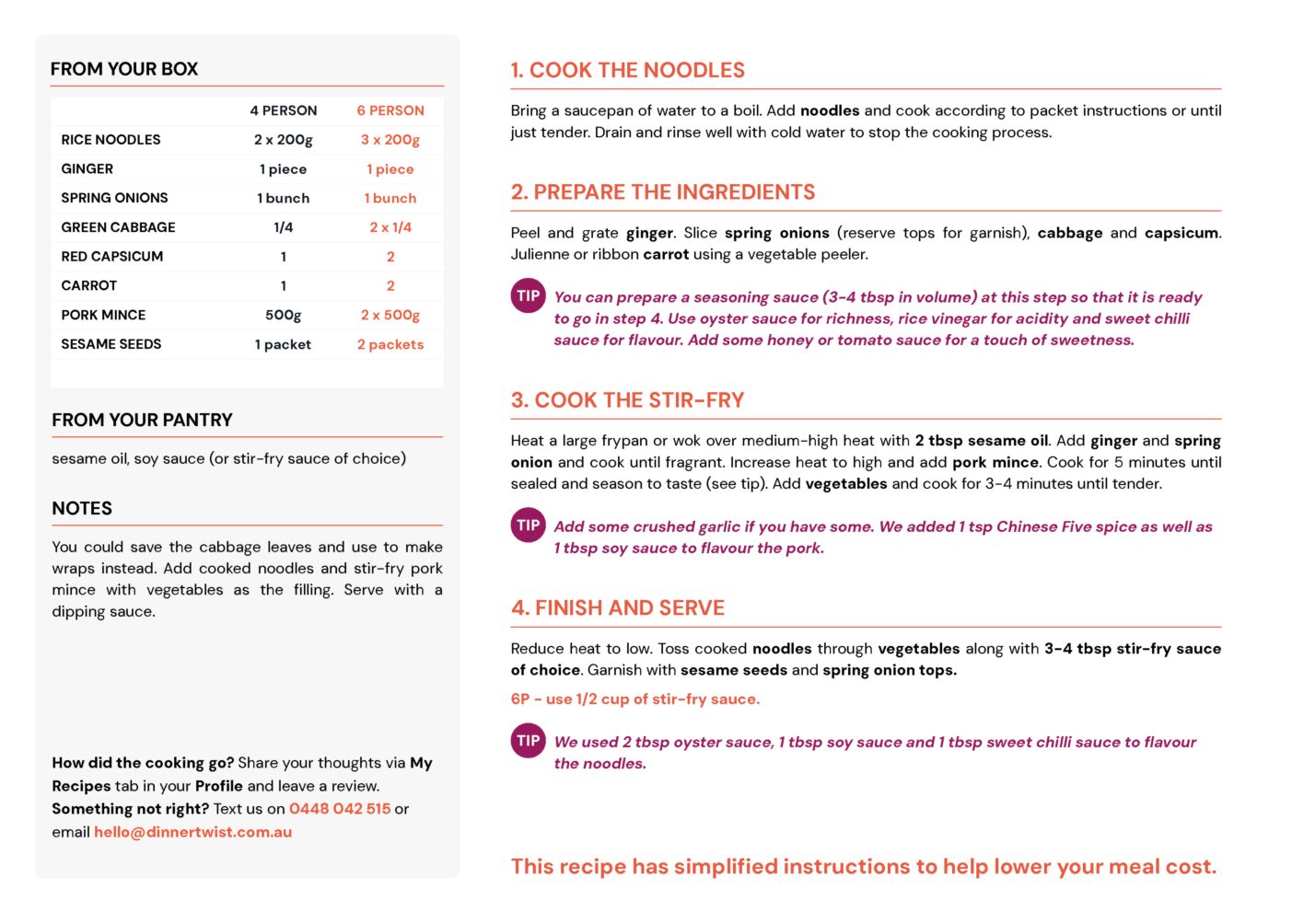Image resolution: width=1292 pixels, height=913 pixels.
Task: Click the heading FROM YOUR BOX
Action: tap(124, 69)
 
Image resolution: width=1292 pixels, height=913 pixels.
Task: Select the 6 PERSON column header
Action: tap(390, 110)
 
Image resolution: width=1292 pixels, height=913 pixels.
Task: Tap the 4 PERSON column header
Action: tap(284, 110)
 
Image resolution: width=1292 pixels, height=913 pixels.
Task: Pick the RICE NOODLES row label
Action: tap(111, 140)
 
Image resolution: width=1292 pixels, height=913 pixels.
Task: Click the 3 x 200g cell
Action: tap(390, 140)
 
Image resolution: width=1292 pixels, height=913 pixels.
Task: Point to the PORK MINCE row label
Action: tap(103, 315)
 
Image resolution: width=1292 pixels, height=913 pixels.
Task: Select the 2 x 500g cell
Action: tap(390, 315)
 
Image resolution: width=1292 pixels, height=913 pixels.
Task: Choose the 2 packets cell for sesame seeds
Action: tap(390, 344)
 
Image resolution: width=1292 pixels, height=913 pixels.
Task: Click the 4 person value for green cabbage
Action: tap(284, 227)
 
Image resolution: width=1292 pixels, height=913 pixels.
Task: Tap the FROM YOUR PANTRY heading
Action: tap(142, 420)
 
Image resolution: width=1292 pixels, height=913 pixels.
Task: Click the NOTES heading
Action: tap(82, 508)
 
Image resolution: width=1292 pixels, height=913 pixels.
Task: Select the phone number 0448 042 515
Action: tap(340, 809)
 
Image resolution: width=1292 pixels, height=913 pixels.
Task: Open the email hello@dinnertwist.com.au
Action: tap(192, 832)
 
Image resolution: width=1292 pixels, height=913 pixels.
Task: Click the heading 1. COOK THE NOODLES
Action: tap(628, 70)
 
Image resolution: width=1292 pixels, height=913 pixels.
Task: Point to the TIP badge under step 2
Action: tap(529, 296)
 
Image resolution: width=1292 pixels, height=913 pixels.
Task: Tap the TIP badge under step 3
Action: tap(529, 526)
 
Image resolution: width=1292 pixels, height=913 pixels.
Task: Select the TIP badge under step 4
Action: tap(529, 741)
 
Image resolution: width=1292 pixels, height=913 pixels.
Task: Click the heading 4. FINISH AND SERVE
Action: tap(618, 607)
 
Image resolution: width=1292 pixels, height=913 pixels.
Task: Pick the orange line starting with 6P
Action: tap(635, 699)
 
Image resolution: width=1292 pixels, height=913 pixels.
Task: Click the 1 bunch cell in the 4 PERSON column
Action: tap(284, 198)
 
